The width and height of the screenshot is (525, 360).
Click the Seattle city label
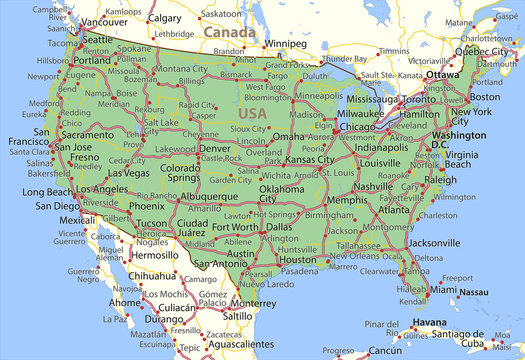coord(97,39)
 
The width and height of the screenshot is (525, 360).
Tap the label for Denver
coord(215,148)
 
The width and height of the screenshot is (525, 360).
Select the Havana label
coord(429,321)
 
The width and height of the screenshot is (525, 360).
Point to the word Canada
coord(225,32)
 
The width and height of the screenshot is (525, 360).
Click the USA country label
coord(253,113)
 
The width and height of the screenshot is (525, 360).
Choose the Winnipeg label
coord(286,44)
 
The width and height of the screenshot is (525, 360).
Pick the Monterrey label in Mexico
coord(252,302)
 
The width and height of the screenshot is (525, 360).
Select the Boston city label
coord(484,97)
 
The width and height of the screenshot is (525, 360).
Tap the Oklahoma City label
coord(281,193)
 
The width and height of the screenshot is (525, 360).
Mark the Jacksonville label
coord(434,242)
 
